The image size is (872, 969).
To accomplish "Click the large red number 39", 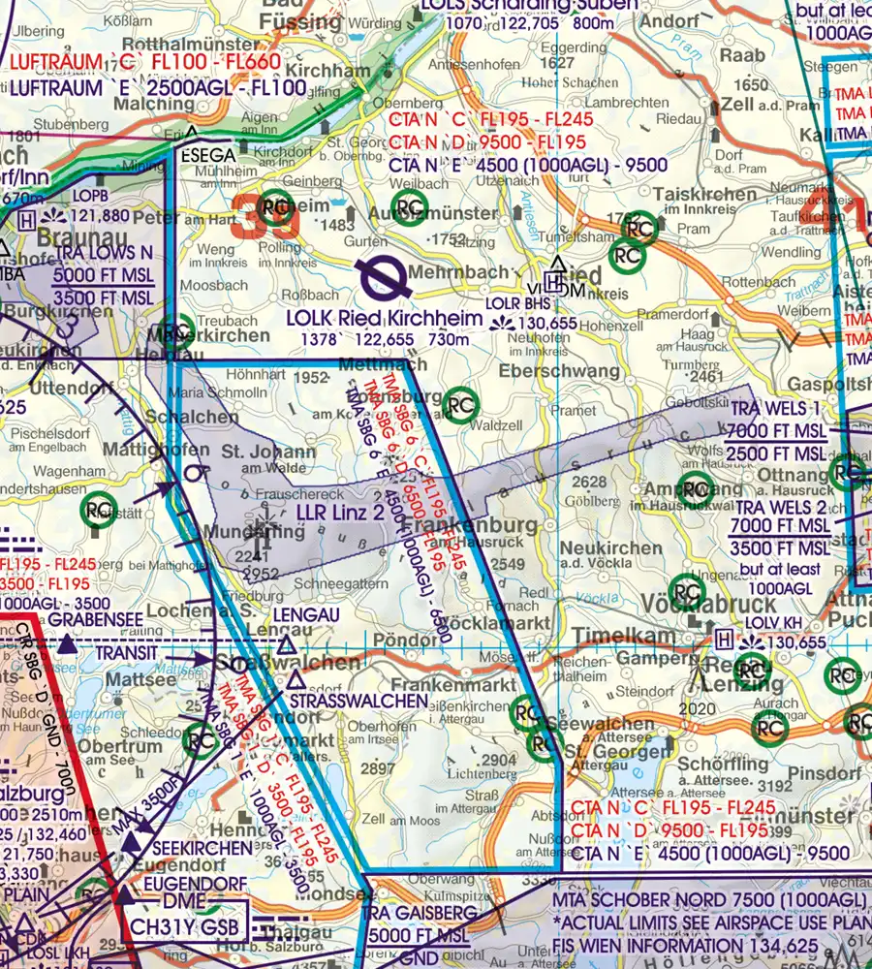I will (265, 214).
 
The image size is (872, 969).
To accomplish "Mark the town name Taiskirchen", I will (705, 194).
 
